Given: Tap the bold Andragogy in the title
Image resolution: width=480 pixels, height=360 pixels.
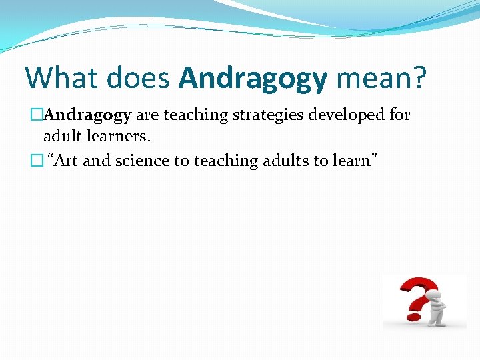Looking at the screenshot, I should coord(253,77).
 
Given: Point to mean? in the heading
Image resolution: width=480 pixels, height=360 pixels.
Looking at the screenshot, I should coord(381,77).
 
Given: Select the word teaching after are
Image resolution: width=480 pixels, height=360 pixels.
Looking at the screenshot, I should coord(195,115).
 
